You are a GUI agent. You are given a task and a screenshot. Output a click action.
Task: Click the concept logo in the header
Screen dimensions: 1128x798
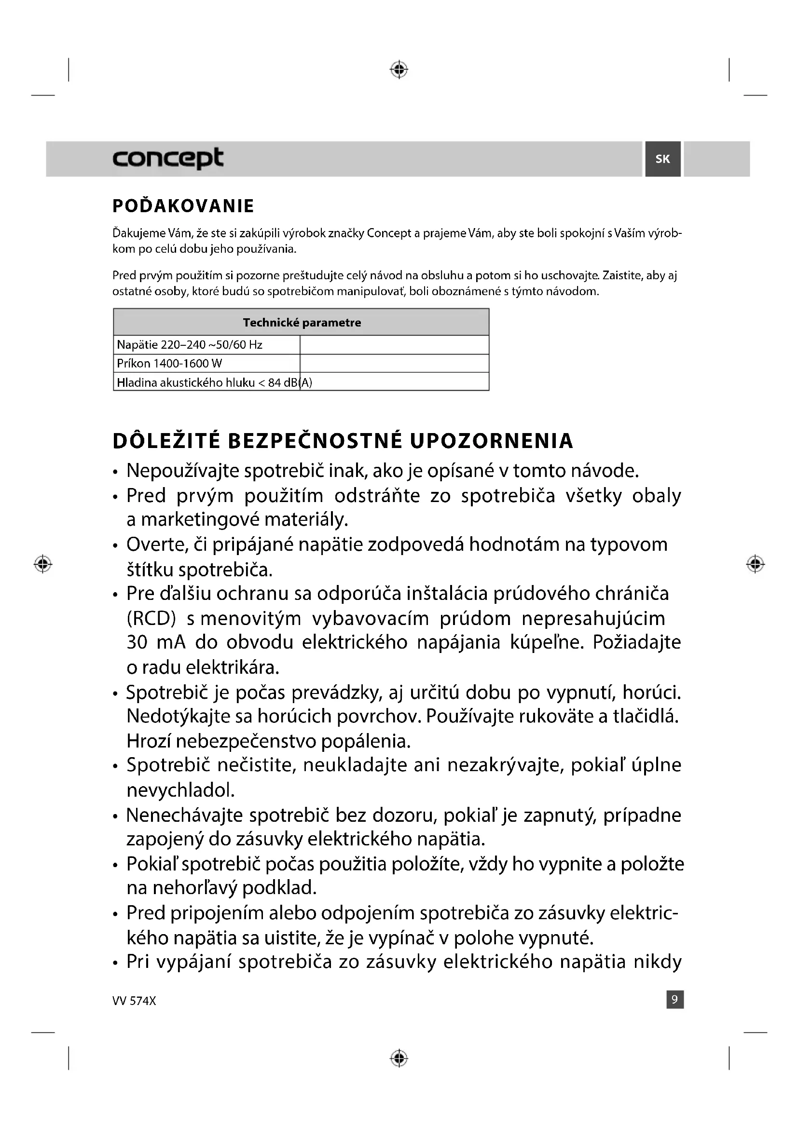[167, 158]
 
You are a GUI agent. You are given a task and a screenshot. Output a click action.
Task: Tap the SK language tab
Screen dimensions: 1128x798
[662, 159]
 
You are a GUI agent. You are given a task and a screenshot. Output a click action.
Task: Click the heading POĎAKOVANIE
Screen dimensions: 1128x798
[183, 206]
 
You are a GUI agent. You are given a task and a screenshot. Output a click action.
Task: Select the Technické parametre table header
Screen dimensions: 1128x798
[301, 322]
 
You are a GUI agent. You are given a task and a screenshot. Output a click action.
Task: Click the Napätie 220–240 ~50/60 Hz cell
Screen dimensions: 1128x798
[190, 344]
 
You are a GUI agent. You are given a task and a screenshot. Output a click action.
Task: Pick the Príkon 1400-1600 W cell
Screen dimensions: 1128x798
[169, 364]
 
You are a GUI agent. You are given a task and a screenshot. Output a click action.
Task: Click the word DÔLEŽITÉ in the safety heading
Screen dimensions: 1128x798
[166, 441]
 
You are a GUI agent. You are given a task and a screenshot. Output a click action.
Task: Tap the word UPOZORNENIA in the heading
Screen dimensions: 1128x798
[491, 441]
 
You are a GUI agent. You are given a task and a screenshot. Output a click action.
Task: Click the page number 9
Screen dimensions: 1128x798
[674, 1000]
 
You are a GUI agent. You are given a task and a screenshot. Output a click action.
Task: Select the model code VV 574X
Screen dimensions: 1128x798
[134, 1001]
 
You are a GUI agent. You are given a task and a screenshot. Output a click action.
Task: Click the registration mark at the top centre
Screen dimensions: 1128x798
[399, 70]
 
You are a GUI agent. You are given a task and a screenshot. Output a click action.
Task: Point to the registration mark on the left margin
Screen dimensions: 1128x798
[43, 564]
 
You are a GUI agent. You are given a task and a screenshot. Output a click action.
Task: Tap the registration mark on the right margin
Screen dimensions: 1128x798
[755, 564]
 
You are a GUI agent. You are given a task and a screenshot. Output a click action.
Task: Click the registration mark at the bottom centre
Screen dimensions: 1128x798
[399, 1058]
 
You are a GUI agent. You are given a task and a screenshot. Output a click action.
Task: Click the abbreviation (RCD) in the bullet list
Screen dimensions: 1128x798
[151, 618]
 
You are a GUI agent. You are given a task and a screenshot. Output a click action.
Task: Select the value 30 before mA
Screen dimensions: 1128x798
[137, 642]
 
